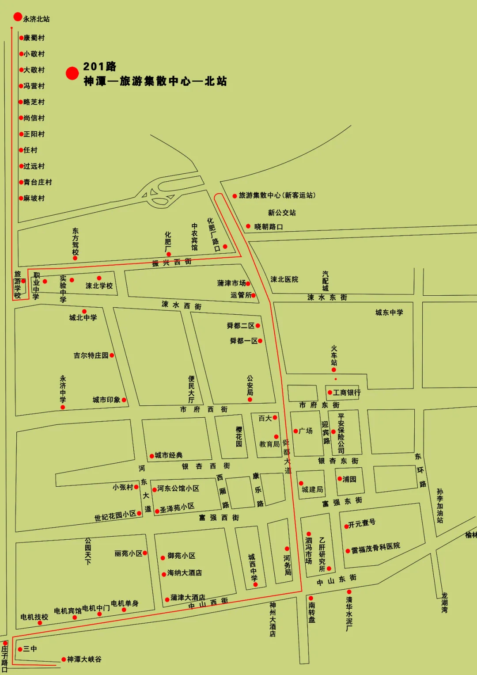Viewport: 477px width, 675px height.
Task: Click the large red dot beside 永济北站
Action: [18, 17]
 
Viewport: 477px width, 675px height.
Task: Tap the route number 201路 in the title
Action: [100, 66]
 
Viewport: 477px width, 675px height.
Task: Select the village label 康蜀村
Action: [34, 38]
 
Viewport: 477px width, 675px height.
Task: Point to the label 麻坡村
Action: [34, 198]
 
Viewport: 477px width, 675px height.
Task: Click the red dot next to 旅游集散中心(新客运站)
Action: [235, 196]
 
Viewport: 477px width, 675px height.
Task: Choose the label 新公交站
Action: [282, 213]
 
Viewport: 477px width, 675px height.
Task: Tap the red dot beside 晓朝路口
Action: [248, 226]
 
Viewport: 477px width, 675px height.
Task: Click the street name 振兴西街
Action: [172, 262]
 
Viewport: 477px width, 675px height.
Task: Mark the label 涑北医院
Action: [284, 279]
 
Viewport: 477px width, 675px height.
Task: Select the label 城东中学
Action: [389, 313]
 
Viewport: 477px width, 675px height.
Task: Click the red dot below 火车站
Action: [334, 370]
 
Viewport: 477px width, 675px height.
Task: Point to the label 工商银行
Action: [347, 393]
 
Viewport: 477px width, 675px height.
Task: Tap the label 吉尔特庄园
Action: [91, 355]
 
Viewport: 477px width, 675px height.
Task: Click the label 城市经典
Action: [169, 455]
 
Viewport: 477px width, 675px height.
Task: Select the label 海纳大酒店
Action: [185, 573]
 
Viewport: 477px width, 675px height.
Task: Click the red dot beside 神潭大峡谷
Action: [64, 660]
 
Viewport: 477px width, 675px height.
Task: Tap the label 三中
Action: [30, 649]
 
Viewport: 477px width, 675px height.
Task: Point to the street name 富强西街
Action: [219, 517]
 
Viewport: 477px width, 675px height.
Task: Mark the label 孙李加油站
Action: [440, 506]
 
